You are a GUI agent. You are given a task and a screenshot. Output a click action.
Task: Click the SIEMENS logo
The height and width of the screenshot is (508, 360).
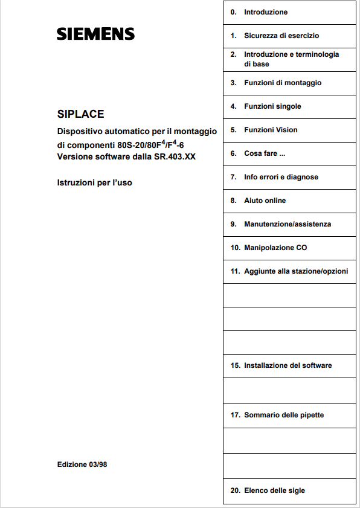point(95,34)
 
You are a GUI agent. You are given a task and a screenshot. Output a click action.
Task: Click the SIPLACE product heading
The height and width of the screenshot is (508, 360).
point(80,114)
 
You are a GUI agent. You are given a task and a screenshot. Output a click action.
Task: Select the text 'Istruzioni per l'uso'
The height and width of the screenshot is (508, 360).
point(94,182)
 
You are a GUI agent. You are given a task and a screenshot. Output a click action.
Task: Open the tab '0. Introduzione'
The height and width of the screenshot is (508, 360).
point(266,12)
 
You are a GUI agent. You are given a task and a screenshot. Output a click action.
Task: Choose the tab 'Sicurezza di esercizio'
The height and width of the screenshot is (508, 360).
point(281,36)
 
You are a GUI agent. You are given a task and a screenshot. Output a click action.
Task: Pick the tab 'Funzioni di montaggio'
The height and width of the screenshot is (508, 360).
point(283,83)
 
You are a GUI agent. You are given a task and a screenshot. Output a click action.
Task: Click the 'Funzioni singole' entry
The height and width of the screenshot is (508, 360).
point(272,106)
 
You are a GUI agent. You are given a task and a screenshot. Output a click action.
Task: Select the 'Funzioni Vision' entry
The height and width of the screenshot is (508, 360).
point(271,130)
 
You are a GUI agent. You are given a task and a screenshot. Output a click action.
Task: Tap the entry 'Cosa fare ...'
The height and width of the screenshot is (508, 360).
point(265,153)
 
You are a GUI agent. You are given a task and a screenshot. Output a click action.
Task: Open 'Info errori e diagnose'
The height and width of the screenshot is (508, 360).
point(281,177)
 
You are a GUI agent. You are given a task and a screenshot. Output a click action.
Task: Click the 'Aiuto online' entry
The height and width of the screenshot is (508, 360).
point(265,201)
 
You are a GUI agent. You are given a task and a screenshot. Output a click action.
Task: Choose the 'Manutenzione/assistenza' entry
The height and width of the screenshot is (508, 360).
point(288,224)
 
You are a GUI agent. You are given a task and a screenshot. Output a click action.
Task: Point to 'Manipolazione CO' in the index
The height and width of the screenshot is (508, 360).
point(275,248)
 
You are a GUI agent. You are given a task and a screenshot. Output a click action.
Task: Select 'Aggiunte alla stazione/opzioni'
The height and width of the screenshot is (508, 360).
point(296,271)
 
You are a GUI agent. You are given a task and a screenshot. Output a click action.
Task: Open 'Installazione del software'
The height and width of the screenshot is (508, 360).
point(288,365)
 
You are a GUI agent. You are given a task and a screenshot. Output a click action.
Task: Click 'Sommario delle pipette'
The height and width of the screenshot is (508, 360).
point(284,415)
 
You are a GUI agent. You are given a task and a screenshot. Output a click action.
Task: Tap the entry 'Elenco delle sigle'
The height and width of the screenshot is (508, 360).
point(274,490)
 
